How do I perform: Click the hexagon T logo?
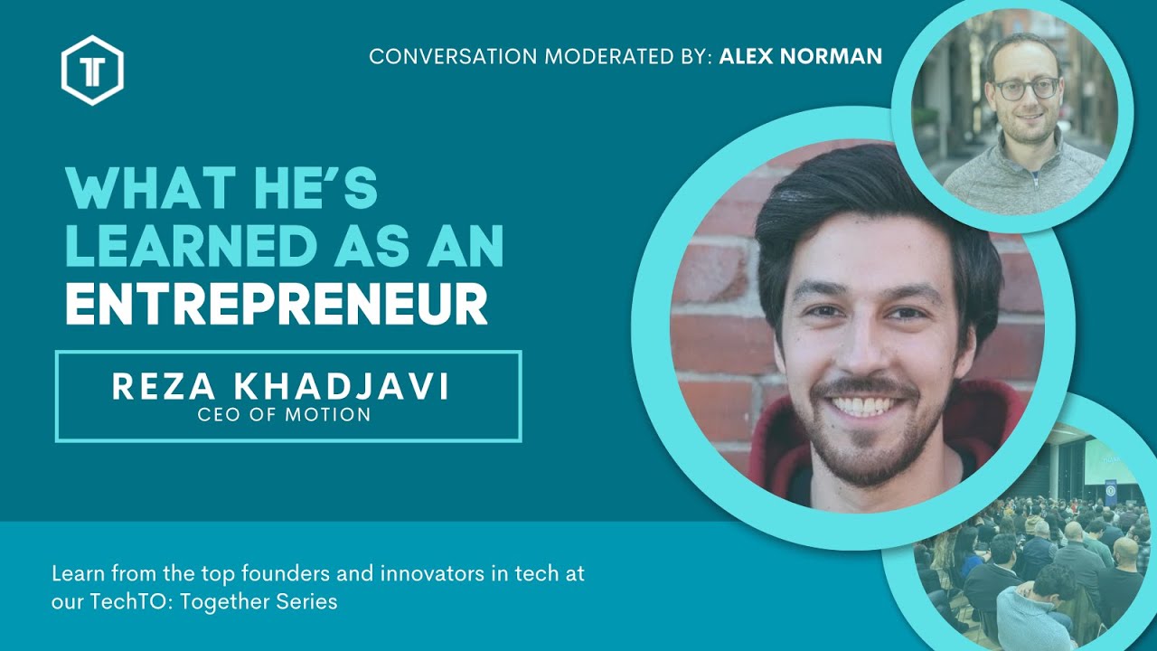[92, 70]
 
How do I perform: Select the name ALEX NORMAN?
[801, 57]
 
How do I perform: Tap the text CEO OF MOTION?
[285, 415]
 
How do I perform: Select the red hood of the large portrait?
[777, 443]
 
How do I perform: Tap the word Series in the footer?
[309, 601]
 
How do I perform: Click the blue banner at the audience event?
[1110, 494]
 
